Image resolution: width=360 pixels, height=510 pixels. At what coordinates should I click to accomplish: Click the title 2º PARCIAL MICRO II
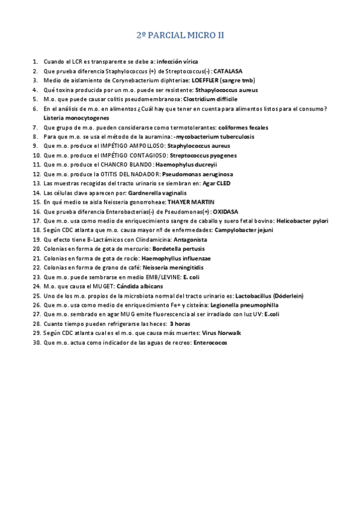(180, 35)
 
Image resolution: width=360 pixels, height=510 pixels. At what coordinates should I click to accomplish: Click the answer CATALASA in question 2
(228, 71)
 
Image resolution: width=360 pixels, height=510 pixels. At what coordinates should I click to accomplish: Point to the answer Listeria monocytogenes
(72, 118)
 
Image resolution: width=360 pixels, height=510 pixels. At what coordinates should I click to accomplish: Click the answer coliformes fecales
(243, 127)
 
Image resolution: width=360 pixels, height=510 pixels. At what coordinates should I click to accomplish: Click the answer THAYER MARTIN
(191, 201)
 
